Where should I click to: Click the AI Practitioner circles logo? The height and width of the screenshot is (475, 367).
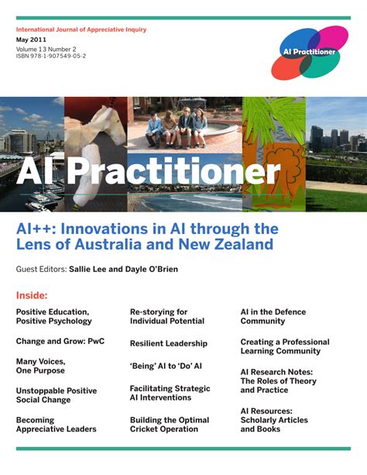[309, 52]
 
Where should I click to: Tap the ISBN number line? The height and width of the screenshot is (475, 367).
[51, 57]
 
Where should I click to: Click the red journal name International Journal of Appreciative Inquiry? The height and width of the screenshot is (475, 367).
[81, 29]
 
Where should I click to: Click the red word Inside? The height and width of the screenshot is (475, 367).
[32, 295]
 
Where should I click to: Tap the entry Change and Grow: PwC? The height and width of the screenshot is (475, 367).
[60, 341]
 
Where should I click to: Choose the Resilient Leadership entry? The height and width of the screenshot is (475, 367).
[169, 343]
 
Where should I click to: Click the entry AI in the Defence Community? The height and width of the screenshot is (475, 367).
[273, 316]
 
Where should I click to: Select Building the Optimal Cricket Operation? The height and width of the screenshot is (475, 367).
[170, 425]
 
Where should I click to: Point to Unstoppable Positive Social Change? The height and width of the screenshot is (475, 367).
[57, 395]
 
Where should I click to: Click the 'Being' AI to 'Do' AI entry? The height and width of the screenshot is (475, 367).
[166, 366]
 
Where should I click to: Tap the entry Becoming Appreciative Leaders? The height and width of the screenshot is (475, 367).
[57, 425]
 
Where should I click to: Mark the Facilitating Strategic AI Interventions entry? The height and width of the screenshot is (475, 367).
[170, 393]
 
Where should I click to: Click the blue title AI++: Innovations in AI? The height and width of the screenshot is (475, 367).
[147, 236]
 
